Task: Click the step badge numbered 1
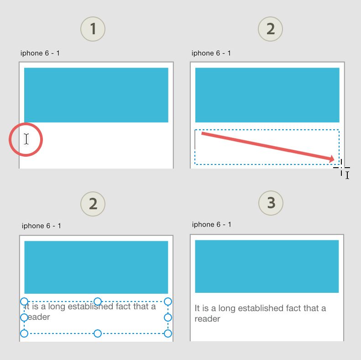tap(93, 29)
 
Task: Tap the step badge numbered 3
tap(271, 203)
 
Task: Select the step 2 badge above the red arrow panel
tap(270, 29)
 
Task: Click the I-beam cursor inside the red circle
tap(26, 139)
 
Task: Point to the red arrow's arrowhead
tap(331, 159)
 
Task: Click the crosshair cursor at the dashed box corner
tap(341, 168)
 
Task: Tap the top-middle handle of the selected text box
tap(98, 301)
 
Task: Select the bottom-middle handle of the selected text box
tap(98, 333)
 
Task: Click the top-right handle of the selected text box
tap(168, 301)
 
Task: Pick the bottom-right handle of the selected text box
tap(168, 333)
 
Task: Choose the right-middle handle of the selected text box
tap(168, 318)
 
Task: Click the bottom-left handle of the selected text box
tap(24, 333)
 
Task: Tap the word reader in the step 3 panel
tap(208, 319)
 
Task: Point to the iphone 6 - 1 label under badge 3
tap(211, 224)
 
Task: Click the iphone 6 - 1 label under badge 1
tap(40, 53)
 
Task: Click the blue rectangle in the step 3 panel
tap(267, 266)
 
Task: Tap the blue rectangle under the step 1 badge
tap(96, 95)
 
